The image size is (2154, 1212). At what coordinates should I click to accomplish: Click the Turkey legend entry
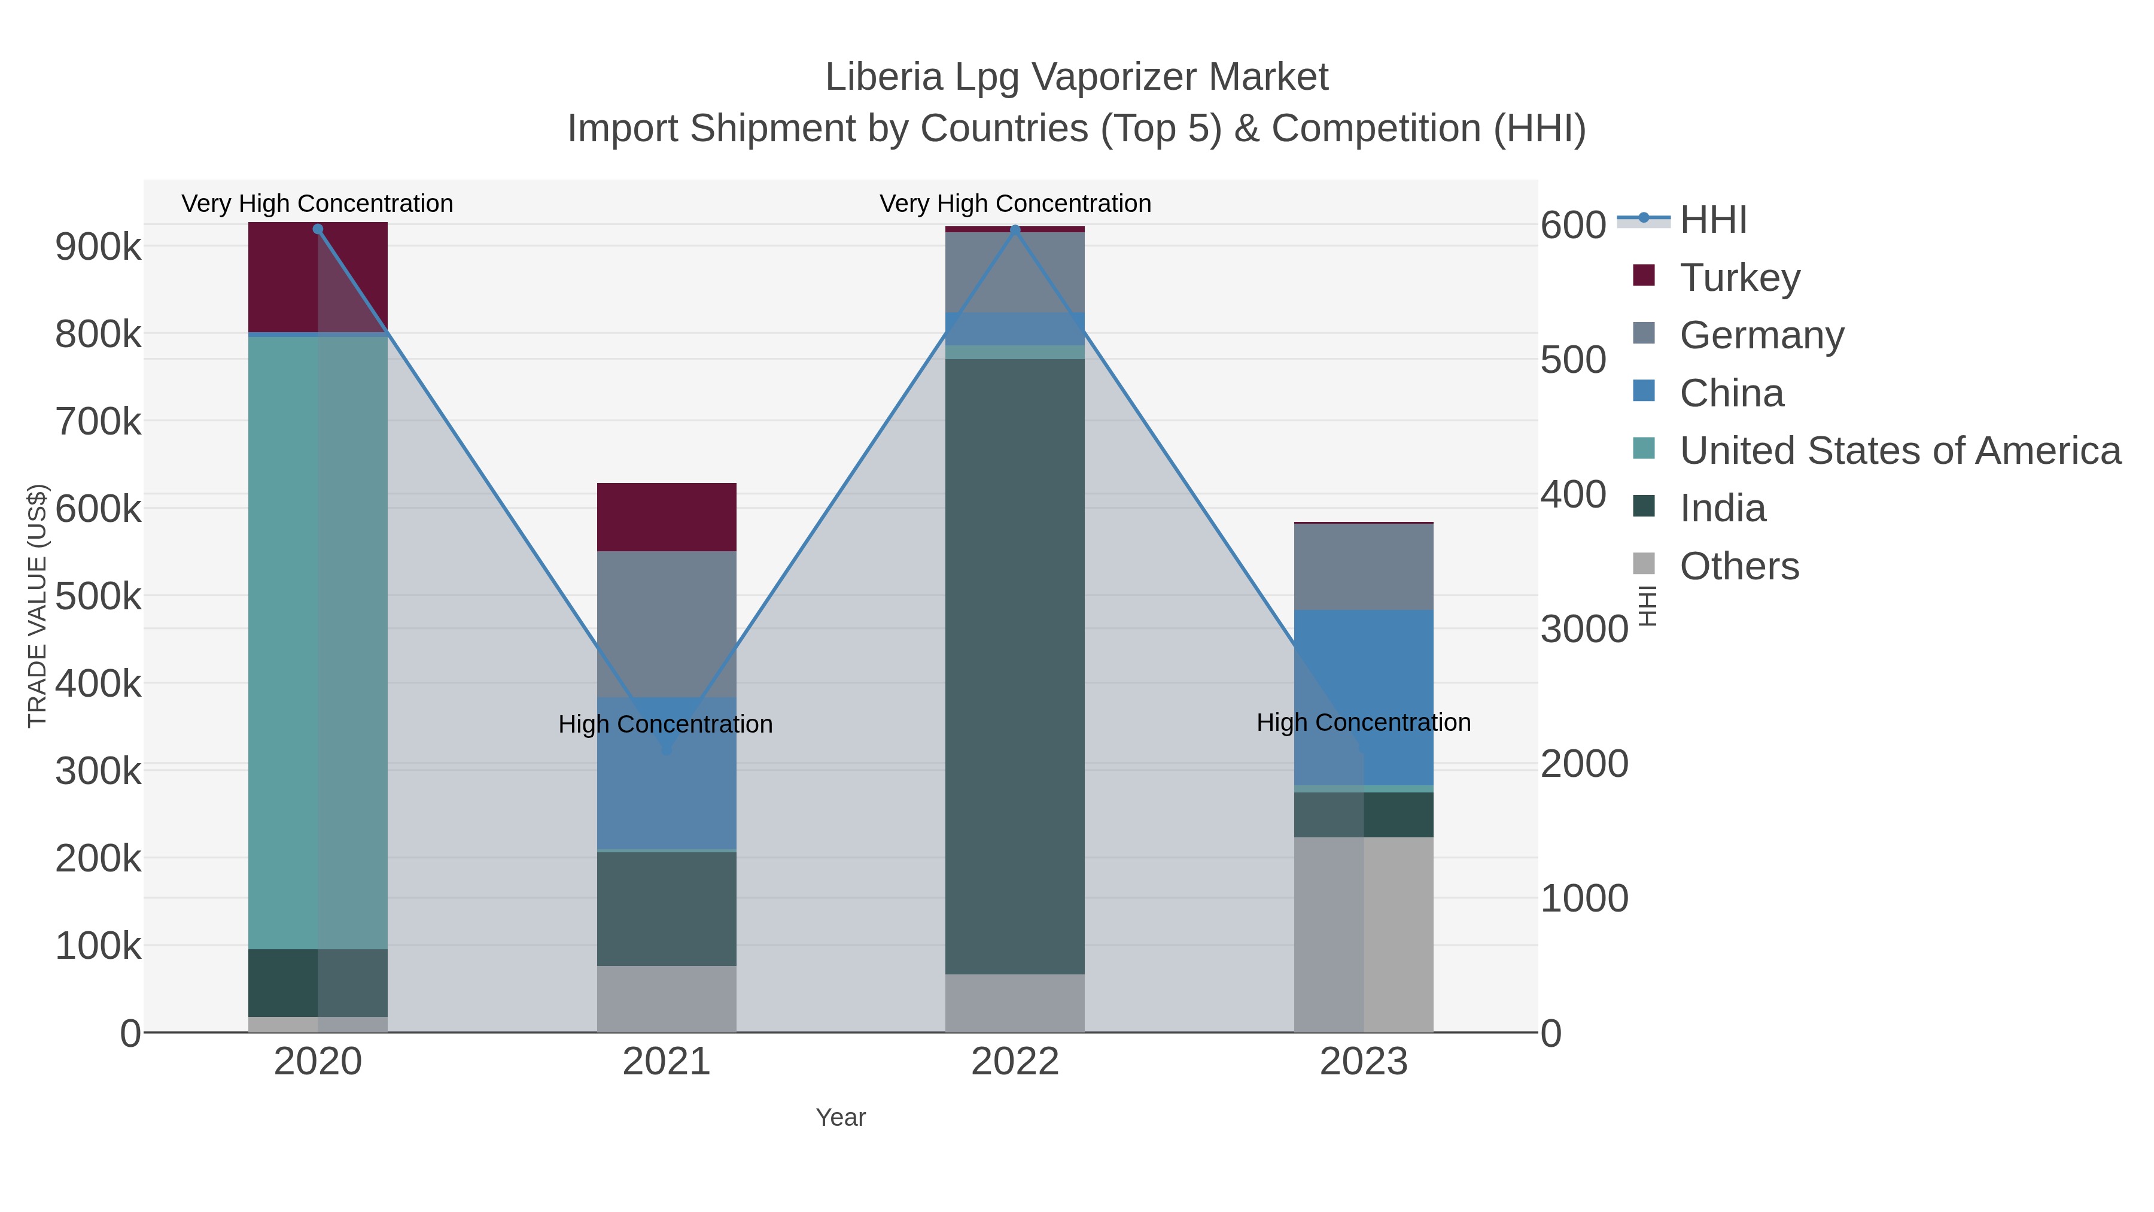pyautogui.click(x=1739, y=278)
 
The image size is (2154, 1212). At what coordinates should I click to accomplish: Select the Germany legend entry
pyautogui.click(x=1761, y=335)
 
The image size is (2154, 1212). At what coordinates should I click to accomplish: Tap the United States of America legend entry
pyautogui.click(x=1900, y=451)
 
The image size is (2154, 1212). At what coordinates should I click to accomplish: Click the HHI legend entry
pyautogui.click(x=1712, y=220)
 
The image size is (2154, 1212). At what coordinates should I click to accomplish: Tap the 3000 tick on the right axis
pyautogui.click(x=1584, y=629)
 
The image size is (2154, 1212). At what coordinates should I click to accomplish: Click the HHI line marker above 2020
pyautogui.click(x=318, y=229)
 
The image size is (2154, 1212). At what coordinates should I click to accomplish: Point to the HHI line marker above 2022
pyautogui.click(x=1015, y=229)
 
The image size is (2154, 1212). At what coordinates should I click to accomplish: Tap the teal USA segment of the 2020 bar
pyautogui.click(x=284, y=644)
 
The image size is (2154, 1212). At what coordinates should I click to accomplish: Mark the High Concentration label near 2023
pyautogui.click(x=1363, y=722)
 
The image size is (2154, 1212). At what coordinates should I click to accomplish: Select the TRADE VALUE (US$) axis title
pyautogui.click(x=38, y=606)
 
